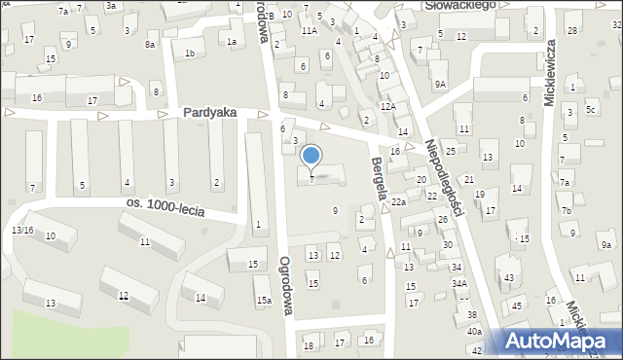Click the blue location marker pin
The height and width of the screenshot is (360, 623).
(311, 156)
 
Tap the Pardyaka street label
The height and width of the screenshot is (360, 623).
(209, 113)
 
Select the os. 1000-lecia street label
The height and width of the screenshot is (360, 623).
(165, 205)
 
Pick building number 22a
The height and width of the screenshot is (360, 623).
(399, 201)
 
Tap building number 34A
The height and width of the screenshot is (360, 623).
(458, 283)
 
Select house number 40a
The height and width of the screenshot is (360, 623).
(474, 332)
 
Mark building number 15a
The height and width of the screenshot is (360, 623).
(264, 302)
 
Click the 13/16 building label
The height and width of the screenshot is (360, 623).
(22, 230)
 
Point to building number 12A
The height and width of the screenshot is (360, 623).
(387, 106)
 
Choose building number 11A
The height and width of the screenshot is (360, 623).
(309, 31)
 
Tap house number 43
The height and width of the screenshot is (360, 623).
(509, 278)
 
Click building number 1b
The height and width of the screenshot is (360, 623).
(190, 53)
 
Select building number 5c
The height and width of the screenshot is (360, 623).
(590, 109)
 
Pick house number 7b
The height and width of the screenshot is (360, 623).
(566, 210)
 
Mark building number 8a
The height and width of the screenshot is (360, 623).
(150, 45)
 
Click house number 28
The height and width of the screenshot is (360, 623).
(572, 31)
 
